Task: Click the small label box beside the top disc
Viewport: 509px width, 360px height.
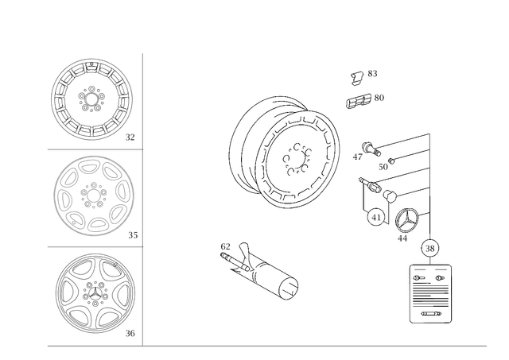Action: [x=130, y=137]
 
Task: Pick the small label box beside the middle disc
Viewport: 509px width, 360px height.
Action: [x=131, y=234]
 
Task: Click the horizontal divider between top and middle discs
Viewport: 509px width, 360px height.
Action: [x=93, y=149]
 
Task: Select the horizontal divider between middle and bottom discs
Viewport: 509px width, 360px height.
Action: [x=93, y=246]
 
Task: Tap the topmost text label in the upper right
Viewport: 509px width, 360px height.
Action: [x=364, y=76]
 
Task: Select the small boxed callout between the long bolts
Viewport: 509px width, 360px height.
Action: [x=383, y=166]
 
